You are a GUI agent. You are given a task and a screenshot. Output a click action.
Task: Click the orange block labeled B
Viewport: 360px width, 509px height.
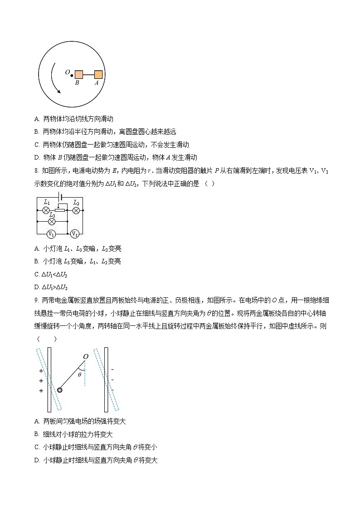(79, 75)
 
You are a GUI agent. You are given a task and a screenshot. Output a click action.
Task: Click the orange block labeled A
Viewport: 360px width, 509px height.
(98, 75)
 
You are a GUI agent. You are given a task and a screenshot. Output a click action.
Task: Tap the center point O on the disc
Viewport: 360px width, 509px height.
(72, 75)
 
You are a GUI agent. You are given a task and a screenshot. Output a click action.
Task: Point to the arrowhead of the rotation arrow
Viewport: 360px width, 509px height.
(58, 91)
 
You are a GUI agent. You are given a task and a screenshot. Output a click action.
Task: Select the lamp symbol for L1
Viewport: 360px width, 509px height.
(46, 210)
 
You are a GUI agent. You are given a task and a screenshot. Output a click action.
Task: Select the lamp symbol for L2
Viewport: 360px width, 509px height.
(76, 210)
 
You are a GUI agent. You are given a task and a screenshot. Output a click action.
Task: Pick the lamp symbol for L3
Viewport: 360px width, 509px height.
(52, 221)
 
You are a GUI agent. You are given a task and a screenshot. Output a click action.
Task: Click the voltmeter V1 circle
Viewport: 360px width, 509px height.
(51, 234)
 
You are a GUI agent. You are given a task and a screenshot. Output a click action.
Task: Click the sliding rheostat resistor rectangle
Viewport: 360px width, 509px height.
(59, 211)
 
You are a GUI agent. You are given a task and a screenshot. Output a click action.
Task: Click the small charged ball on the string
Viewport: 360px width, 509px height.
(59, 389)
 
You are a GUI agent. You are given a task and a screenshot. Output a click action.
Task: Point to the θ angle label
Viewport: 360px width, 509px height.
(80, 375)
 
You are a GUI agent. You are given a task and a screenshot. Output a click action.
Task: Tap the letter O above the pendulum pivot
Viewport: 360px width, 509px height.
(85, 357)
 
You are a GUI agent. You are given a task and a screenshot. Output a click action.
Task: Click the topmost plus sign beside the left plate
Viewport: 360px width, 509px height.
(41, 370)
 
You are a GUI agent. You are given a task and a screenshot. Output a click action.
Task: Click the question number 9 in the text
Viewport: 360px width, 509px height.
(36, 300)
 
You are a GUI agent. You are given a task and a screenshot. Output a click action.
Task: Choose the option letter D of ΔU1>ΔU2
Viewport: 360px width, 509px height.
(37, 287)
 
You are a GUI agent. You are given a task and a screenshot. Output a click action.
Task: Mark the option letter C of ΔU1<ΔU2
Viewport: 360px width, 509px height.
(37, 274)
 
